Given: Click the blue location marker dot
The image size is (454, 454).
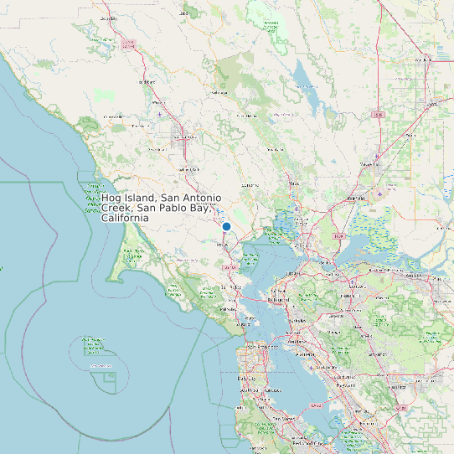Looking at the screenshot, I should pos(226,226).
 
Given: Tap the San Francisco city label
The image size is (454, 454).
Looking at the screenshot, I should pos(256,348).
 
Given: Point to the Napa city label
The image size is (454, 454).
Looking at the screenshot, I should pos(294,183).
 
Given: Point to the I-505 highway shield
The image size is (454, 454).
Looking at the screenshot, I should pos(378,115).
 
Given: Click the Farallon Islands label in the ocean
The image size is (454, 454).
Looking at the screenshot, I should pos(99,366).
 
